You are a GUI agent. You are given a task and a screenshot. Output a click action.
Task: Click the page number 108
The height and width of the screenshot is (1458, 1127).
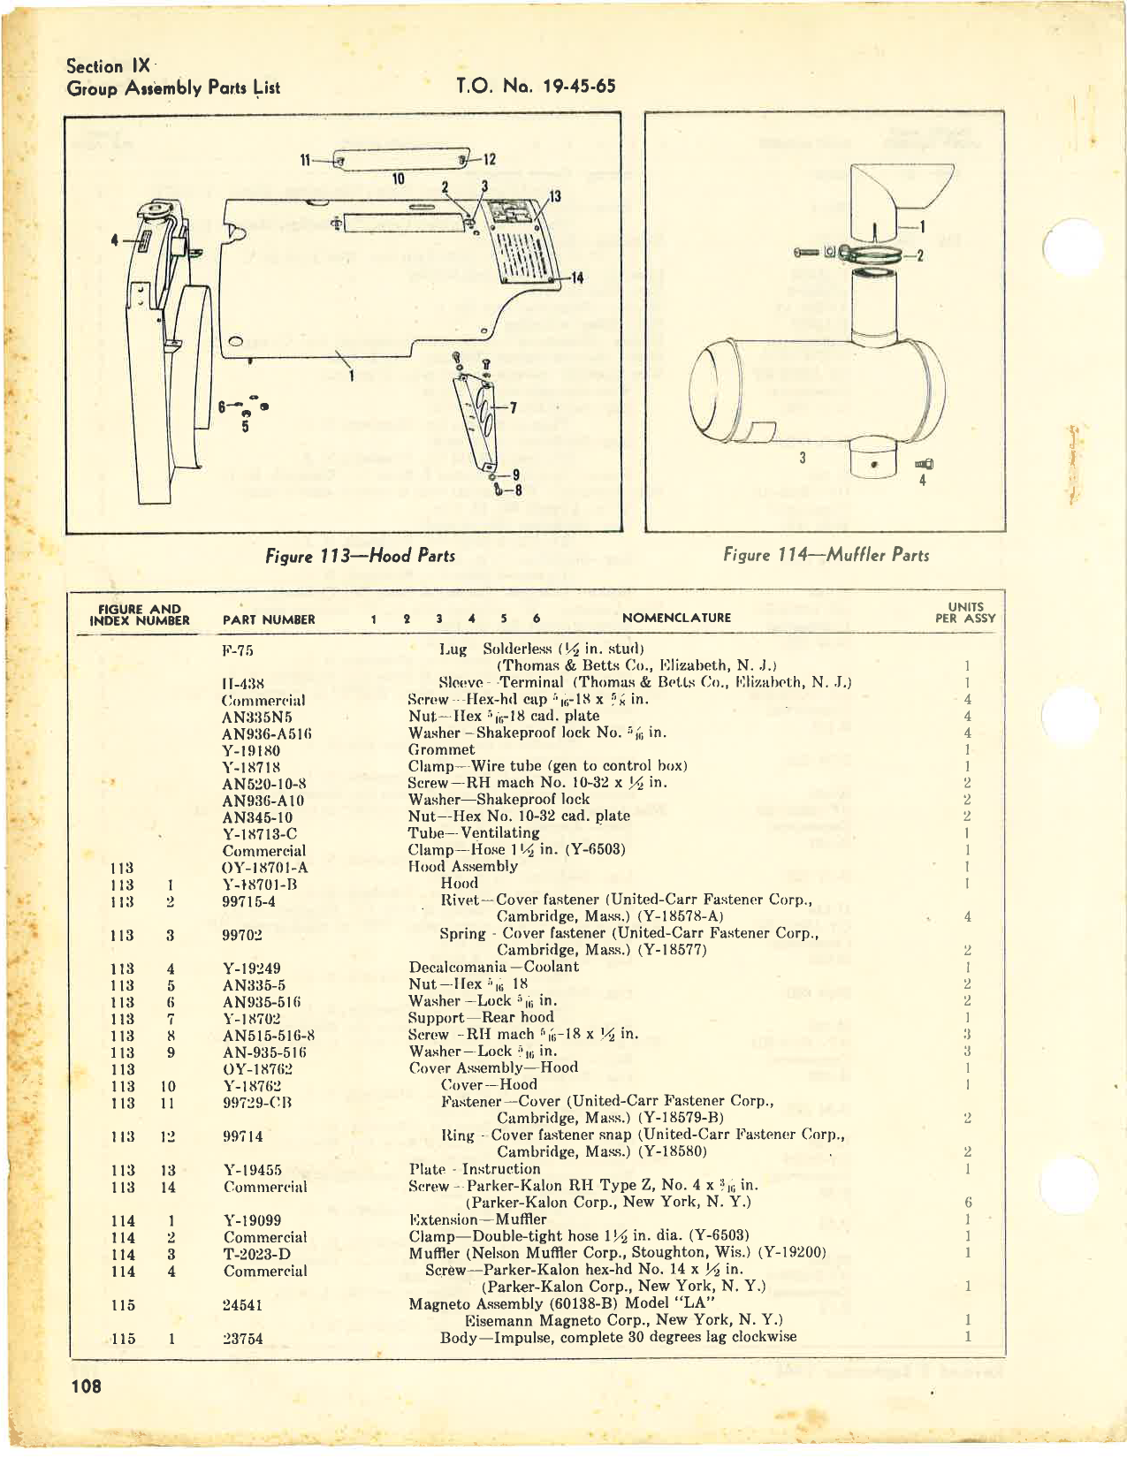87,1386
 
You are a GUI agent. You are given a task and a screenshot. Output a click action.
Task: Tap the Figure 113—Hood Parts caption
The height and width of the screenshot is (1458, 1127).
360,556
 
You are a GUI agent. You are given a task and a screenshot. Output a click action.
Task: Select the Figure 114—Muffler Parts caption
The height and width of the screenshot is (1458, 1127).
826,555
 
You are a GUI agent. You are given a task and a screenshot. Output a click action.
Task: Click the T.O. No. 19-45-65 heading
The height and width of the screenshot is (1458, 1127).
536,86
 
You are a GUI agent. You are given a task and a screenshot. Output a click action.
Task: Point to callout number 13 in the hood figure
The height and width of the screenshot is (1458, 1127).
555,196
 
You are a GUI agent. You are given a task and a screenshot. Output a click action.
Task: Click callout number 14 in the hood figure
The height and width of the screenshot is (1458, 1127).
576,277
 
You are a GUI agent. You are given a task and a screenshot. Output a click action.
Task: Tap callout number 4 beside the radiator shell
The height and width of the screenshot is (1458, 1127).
114,239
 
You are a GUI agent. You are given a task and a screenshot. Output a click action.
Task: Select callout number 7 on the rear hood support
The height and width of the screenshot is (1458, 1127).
513,407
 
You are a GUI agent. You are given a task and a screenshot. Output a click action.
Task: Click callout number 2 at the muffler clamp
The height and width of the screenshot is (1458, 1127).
920,256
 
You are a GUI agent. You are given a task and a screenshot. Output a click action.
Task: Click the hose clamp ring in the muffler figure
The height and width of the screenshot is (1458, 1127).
871,255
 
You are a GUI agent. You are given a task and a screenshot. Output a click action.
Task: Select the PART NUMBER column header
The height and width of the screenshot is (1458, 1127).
269,619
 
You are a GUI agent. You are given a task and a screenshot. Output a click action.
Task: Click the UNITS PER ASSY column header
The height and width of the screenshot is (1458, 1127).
965,612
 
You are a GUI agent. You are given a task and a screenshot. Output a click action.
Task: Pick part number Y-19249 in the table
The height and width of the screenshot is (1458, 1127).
252,968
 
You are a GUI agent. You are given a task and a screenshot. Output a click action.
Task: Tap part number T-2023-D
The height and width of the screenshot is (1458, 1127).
257,1254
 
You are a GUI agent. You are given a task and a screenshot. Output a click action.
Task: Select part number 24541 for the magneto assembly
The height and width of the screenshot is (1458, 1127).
243,1304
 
